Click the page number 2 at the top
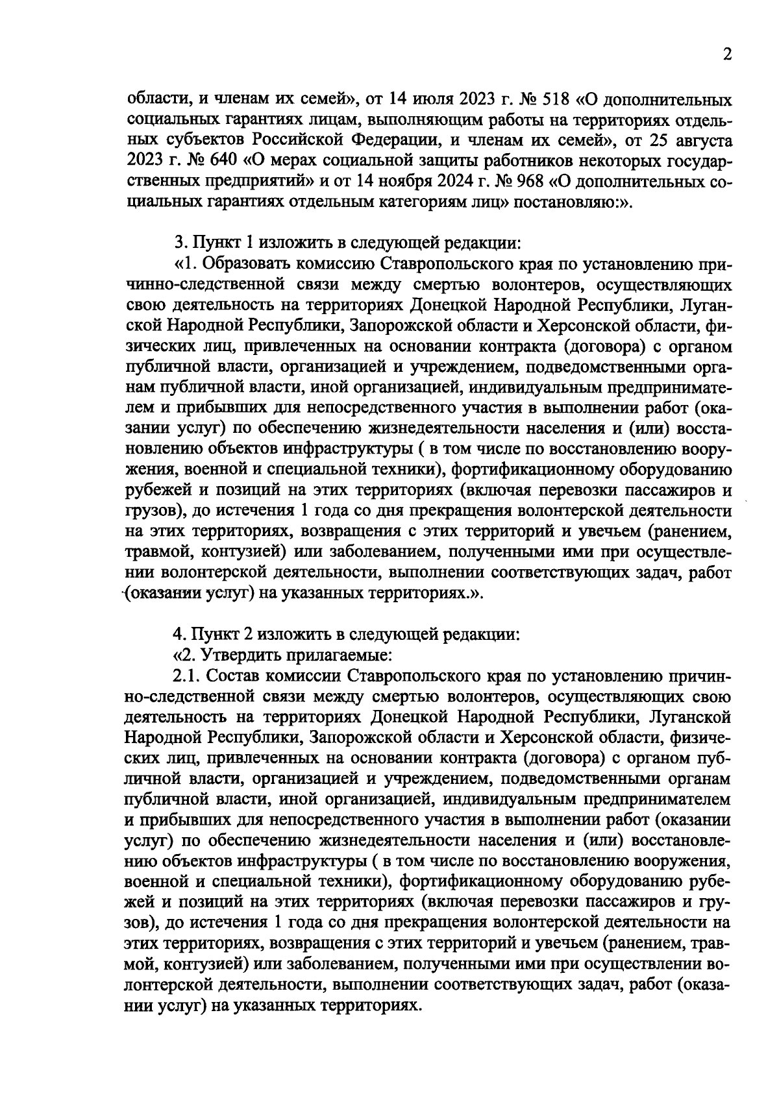coord(727,55)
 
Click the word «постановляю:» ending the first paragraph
coord(572,201)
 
